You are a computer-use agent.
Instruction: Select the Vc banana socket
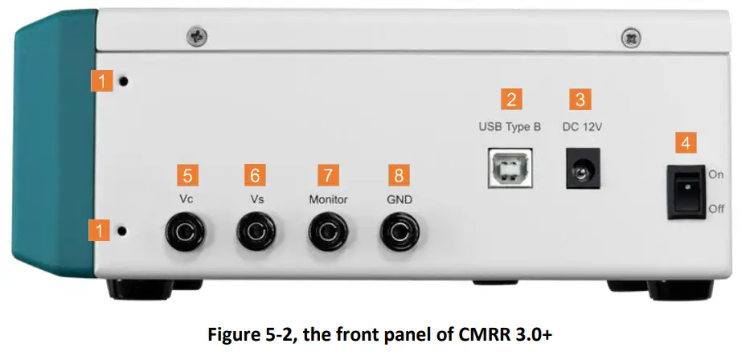184,233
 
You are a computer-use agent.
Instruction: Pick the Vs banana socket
256,233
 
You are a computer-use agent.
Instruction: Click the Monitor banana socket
328,233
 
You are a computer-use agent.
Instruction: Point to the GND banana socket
400,233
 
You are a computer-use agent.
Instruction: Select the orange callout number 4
685,143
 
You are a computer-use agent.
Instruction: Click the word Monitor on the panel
328,198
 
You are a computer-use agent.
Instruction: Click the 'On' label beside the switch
716,173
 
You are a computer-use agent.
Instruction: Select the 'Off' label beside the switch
716,209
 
